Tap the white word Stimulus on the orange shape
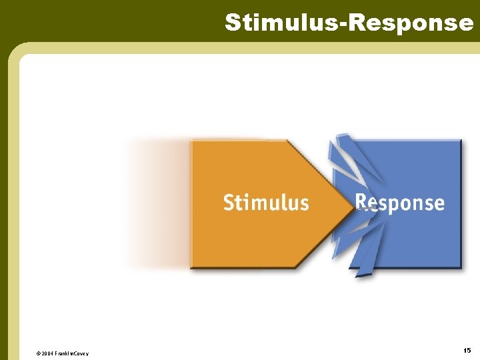click(266, 202)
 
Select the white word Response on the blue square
click(399, 202)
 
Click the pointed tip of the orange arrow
click(353, 203)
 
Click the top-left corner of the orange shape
click(192, 141)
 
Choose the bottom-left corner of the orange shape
click(192, 267)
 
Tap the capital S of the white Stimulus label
click(228, 202)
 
